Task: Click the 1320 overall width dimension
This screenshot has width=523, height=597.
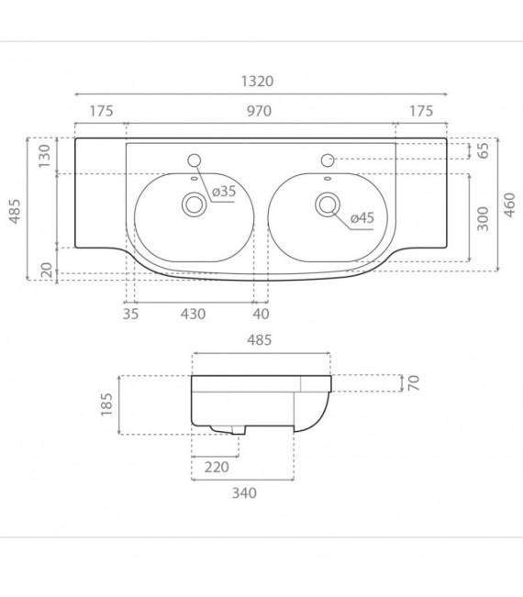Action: [x=259, y=81]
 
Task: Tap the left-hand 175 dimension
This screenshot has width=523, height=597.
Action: [x=100, y=111]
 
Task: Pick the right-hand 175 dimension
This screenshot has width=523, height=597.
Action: [x=420, y=111]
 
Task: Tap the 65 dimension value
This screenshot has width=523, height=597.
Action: [x=482, y=151]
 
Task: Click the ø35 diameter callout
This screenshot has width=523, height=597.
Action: [x=224, y=192]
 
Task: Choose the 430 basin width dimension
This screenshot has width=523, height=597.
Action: [x=193, y=314]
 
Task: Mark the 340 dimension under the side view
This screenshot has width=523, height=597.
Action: [x=242, y=493]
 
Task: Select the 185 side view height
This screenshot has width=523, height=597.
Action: [x=106, y=402]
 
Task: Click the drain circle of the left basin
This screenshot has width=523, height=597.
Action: [x=195, y=205]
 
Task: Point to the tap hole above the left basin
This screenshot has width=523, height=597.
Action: [x=195, y=158]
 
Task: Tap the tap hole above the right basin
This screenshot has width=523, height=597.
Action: [x=328, y=159]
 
